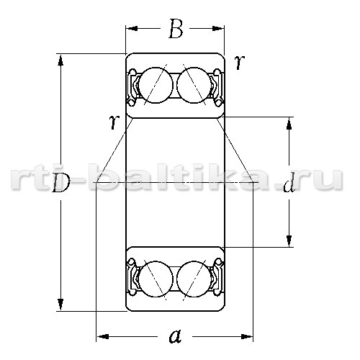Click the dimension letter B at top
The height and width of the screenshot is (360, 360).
pos(176,29)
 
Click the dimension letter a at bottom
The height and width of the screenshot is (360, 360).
pos(176,336)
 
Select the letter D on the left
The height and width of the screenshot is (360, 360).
pos(61,183)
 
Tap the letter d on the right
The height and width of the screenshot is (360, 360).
pos(289,184)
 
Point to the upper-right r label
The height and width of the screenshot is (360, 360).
pos(240,62)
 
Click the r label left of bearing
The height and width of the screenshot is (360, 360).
pos(114,122)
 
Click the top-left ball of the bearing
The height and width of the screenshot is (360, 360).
pos(156,85)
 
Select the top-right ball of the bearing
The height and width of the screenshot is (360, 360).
pos(194,85)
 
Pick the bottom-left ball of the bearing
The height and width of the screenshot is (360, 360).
pos(156,279)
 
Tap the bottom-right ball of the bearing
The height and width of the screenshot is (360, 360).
pos(194,279)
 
